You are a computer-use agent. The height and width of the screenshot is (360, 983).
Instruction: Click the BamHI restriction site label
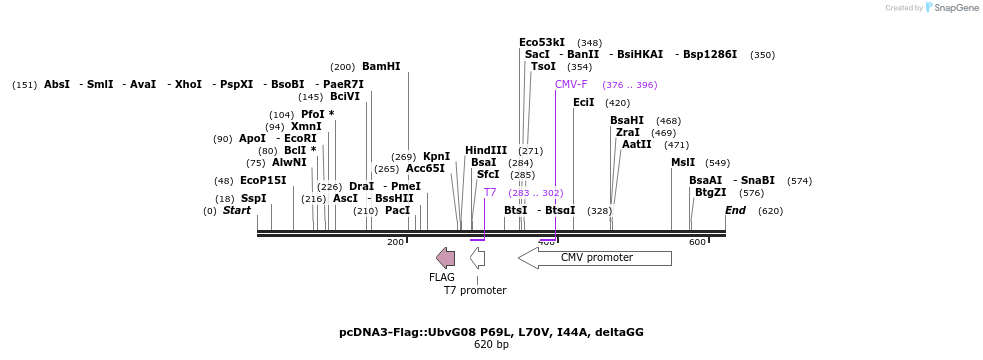point(380,66)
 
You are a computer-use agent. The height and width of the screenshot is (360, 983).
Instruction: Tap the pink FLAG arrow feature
point(445,258)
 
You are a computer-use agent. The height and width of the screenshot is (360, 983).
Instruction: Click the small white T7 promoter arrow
point(478,258)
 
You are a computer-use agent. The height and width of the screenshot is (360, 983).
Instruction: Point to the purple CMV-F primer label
point(571,84)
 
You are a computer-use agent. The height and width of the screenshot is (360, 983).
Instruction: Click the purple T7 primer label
point(490,192)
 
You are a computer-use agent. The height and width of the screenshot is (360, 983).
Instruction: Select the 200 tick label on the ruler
point(395,242)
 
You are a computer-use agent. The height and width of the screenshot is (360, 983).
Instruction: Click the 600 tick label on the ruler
point(696,242)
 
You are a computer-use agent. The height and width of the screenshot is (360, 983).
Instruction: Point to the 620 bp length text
point(491,345)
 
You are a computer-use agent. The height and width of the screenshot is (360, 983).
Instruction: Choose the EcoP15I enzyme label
point(263,180)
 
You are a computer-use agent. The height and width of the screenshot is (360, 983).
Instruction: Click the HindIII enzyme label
point(486,150)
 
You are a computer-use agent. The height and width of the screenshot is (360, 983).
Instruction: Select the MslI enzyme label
point(683,162)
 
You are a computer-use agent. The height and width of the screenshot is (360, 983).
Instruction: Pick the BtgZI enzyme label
point(711,192)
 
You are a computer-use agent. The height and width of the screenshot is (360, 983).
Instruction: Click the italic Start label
point(237,210)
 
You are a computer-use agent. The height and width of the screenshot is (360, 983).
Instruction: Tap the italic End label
point(735,210)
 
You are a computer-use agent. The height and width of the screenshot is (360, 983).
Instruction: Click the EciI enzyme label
point(583,102)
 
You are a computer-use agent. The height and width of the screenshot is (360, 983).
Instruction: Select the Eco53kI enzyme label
point(542,42)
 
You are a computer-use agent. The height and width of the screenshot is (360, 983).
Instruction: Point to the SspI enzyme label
point(254,198)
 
